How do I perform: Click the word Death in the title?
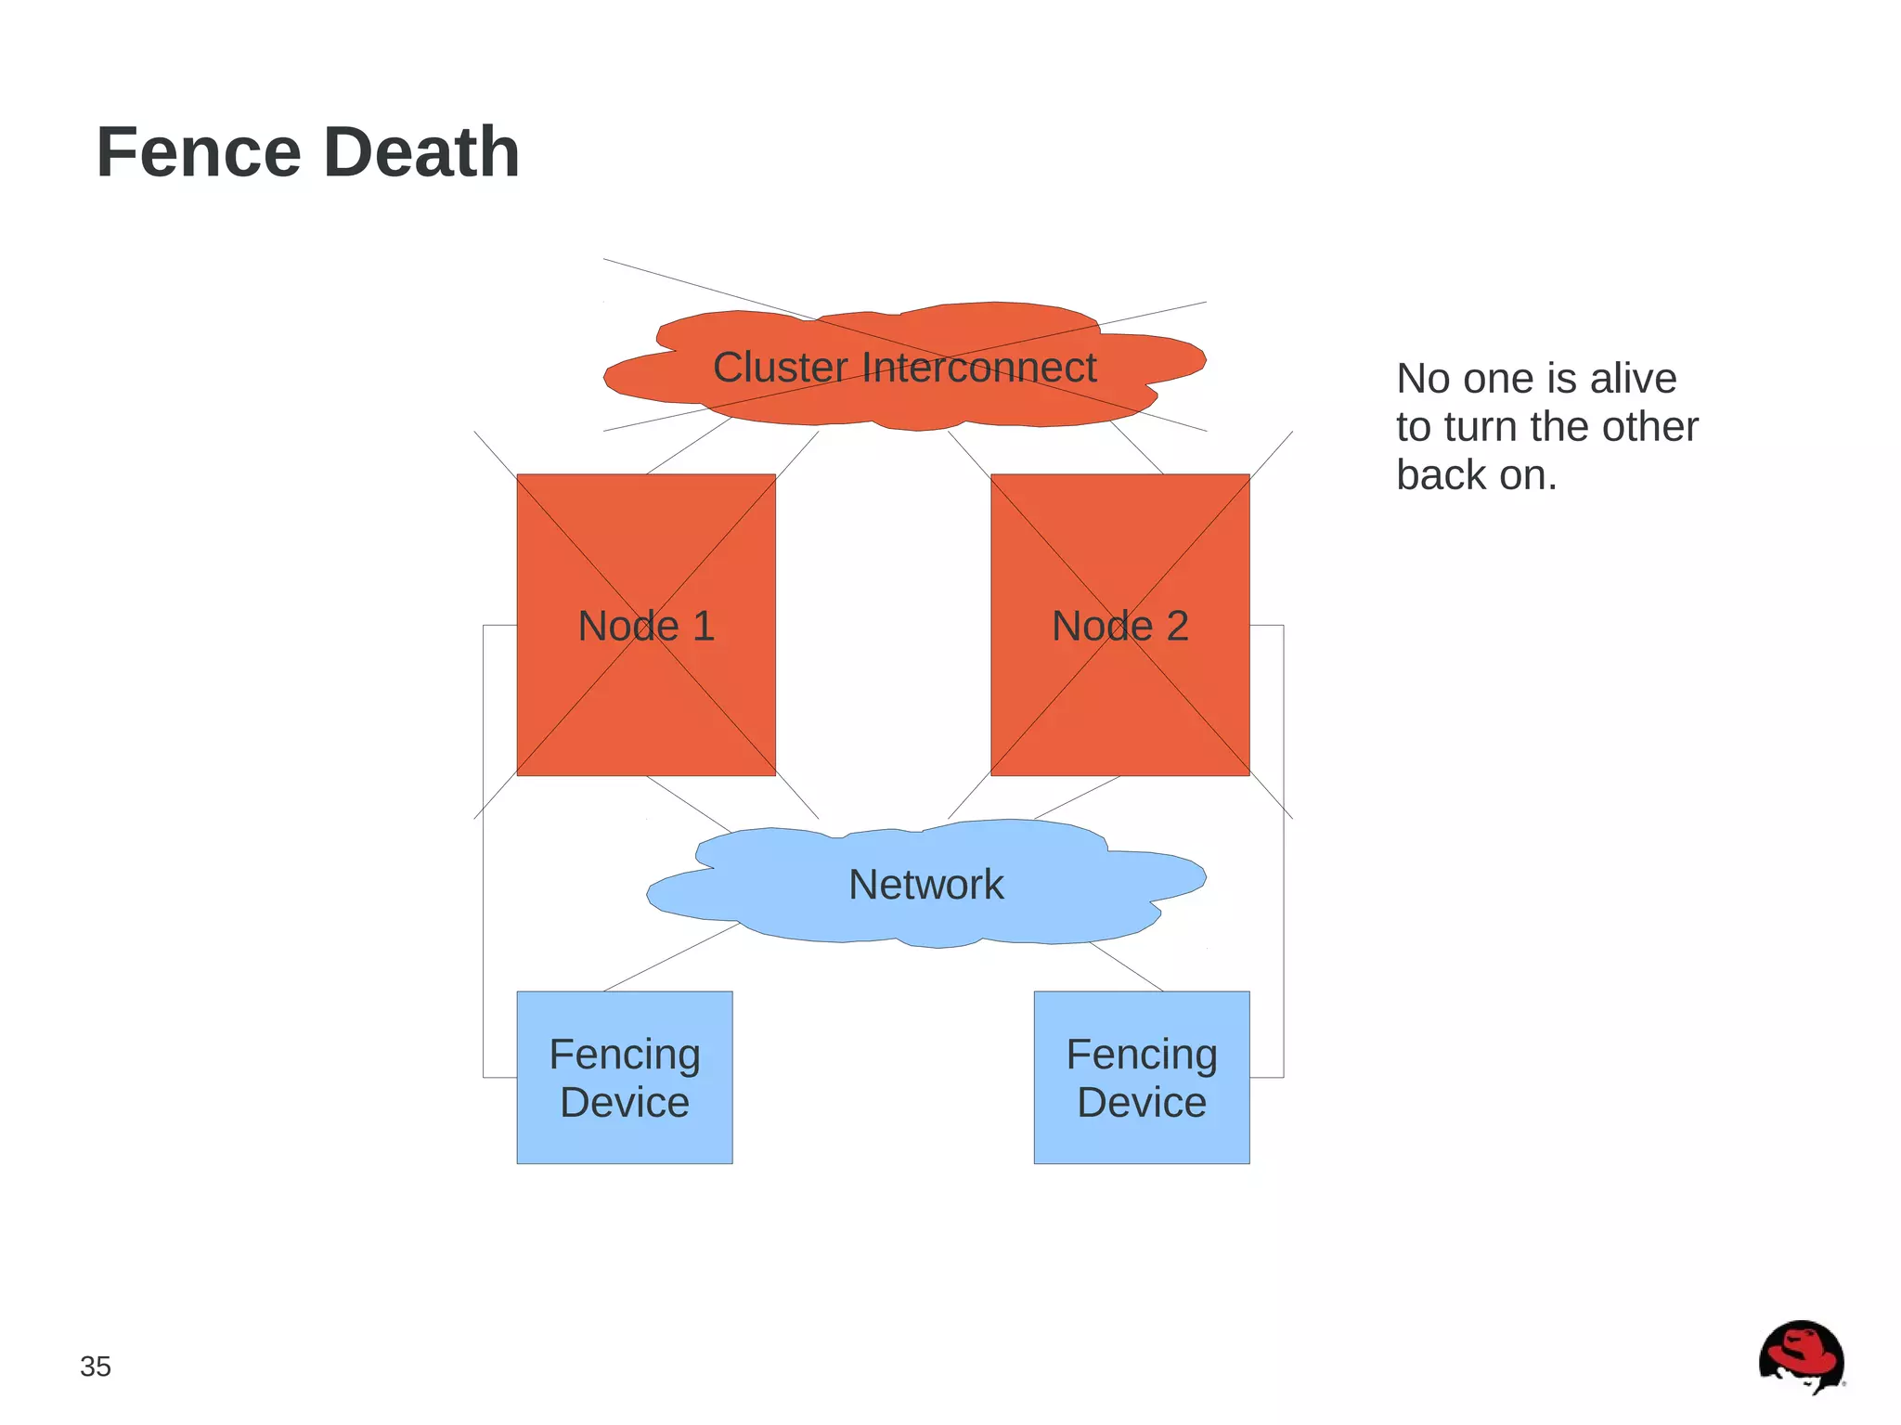click(421, 152)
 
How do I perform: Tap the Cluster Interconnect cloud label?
click(904, 368)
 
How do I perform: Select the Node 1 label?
click(646, 626)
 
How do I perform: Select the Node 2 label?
click(1119, 626)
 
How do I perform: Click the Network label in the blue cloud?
click(925, 884)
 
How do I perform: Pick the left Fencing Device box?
click(624, 1077)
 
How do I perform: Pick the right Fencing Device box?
click(1141, 1077)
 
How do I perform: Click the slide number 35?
click(96, 1366)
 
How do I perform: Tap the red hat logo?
click(1801, 1355)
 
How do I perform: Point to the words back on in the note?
click(1476, 475)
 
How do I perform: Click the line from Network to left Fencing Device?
click(672, 957)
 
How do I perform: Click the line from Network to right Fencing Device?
click(1126, 966)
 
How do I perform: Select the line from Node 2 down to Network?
click(1077, 797)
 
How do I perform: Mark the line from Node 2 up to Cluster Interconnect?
click(1137, 447)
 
